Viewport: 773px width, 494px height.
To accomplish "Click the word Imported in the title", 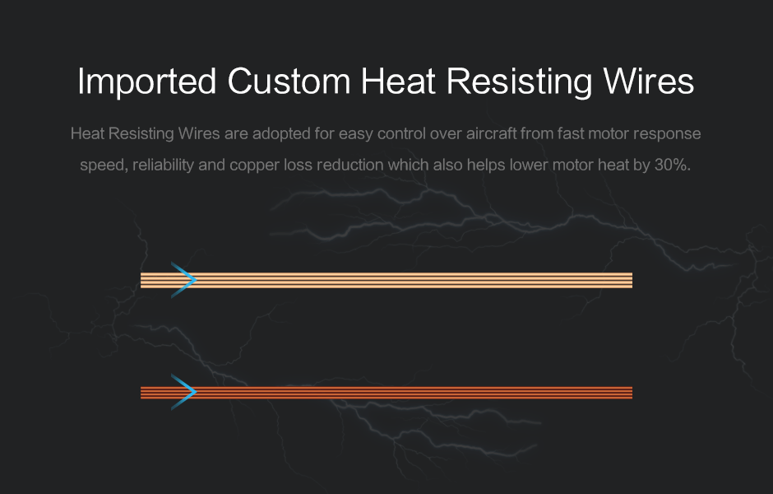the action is [147, 82].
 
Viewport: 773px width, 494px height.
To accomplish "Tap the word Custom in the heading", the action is [289, 81].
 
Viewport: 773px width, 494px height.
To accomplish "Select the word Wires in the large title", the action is [649, 81].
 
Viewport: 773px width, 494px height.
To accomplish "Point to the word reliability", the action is [163, 165].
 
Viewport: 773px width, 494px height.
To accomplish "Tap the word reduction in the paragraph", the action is [350, 165].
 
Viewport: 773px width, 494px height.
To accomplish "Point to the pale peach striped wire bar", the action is [386, 280].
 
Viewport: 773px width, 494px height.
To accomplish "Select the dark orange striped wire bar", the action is [386, 393].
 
